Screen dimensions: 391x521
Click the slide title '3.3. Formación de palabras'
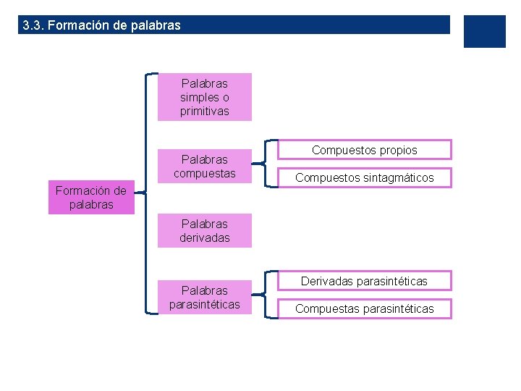102,25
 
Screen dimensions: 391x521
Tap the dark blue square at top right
484,31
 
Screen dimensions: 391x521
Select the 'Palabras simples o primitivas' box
205,97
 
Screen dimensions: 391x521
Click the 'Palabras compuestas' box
205,167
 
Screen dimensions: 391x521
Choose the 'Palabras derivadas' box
205,230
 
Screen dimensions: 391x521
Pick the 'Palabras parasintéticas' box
205,298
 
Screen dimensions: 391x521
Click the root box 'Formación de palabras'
91,198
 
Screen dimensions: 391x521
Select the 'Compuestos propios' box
365,150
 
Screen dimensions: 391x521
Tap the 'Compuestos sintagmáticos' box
365,177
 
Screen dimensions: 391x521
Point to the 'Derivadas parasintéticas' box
365,280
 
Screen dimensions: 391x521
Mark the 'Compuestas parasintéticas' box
365,309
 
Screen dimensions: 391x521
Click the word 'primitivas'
205,112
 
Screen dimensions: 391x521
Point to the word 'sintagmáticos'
397,177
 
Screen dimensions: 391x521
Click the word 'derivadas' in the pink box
205,237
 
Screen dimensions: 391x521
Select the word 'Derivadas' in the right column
326,280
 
